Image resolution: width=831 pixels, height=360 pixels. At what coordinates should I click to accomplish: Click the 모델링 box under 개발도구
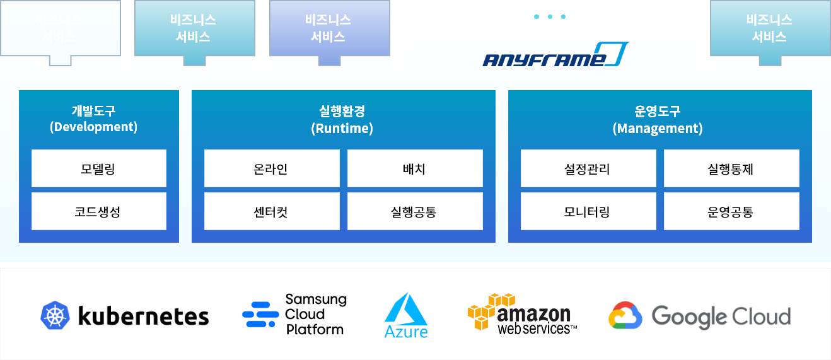coord(99,168)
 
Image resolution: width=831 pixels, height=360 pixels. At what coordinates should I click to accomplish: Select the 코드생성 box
coord(99,211)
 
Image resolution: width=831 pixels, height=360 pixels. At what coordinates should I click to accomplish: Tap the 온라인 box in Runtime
coord(272,168)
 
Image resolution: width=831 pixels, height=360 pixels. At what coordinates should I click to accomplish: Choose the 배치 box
coord(415,168)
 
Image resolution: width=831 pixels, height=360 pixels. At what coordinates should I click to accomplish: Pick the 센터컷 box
coord(272,211)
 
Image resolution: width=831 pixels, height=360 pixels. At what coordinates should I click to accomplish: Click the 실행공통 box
coord(415,211)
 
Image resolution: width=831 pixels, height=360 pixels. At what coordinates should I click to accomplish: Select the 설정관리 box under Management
coord(588,168)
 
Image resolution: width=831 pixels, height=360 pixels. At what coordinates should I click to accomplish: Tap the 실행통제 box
coord(731,168)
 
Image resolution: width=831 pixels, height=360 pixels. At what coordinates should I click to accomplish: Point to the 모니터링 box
coord(588,211)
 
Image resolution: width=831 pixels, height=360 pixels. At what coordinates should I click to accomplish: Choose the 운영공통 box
coord(731,211)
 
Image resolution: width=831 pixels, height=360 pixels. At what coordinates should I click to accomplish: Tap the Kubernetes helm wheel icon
coord(55,316)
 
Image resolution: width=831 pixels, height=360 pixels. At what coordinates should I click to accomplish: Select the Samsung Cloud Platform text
coord(315,314)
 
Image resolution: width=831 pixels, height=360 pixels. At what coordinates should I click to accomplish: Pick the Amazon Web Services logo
coord(522,313)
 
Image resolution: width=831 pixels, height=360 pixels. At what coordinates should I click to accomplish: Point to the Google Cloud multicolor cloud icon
coord(625,316)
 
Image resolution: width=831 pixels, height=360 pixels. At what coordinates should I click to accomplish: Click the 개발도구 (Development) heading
coord(93,119)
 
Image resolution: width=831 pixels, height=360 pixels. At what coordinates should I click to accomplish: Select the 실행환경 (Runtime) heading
coord(342,120)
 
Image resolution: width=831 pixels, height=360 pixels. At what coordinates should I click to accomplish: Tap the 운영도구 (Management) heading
coord(658,120)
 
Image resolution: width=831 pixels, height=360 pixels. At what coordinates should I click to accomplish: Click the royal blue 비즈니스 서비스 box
coord(328,28)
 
